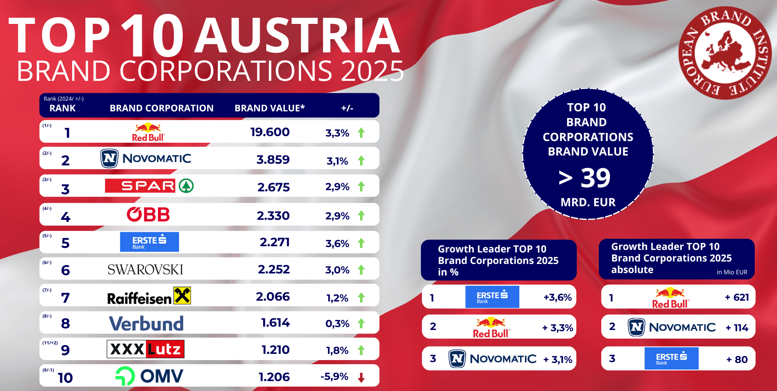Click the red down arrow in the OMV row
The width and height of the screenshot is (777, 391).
[361, 377]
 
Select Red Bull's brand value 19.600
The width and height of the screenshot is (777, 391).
[270, 132]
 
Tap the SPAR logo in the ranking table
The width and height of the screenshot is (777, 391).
[149, 186]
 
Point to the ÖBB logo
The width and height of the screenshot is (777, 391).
[148, 214]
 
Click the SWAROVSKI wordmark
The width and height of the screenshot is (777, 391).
[145, 270]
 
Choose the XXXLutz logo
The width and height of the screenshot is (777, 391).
[146, 349]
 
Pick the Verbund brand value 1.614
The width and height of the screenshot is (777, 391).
[275, 323]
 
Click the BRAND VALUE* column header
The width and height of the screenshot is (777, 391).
[270, 108]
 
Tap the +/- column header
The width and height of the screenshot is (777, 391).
[347, 108]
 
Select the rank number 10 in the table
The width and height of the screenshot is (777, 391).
[65, 378]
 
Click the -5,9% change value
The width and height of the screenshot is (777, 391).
[334, 377]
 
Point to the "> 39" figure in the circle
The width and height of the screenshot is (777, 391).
[584, 178]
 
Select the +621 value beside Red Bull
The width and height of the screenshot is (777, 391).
[737, 297]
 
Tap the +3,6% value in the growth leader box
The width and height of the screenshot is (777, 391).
[558, 297]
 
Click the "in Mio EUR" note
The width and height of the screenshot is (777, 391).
[732, 272]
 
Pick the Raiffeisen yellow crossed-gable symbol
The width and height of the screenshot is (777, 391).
[182, 295]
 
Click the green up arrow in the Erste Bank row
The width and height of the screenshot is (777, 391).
[361, 243]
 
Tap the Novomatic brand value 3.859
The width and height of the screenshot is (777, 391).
[273, 160]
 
